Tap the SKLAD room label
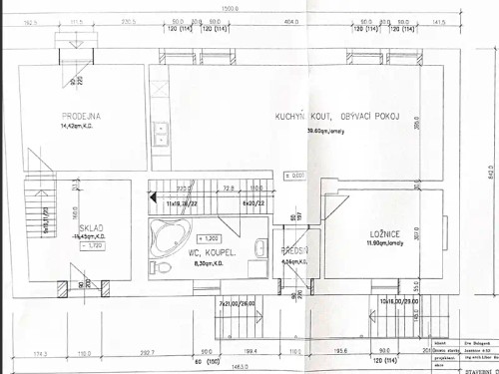click(91, 227)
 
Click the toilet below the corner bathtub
click(163, 266)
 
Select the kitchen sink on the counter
click(159, 132)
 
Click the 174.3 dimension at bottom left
click(40, 352)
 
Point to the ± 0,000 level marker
click(295, 176)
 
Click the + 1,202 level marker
click(209, 238)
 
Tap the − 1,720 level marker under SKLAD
click(92, 244)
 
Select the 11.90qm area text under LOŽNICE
click(382, 242)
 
